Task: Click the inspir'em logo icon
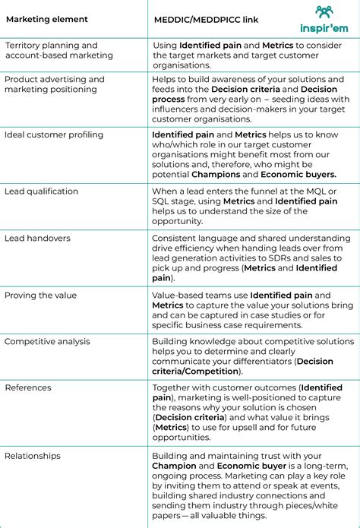point(324,11)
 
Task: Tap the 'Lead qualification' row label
point(41,191)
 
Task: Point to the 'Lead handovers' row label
point(37,238)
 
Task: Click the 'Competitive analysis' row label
point(47,341)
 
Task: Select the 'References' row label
point(28,387)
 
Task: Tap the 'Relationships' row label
point(33,456)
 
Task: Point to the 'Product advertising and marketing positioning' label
point(55,84)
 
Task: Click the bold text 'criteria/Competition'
point(197,371)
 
